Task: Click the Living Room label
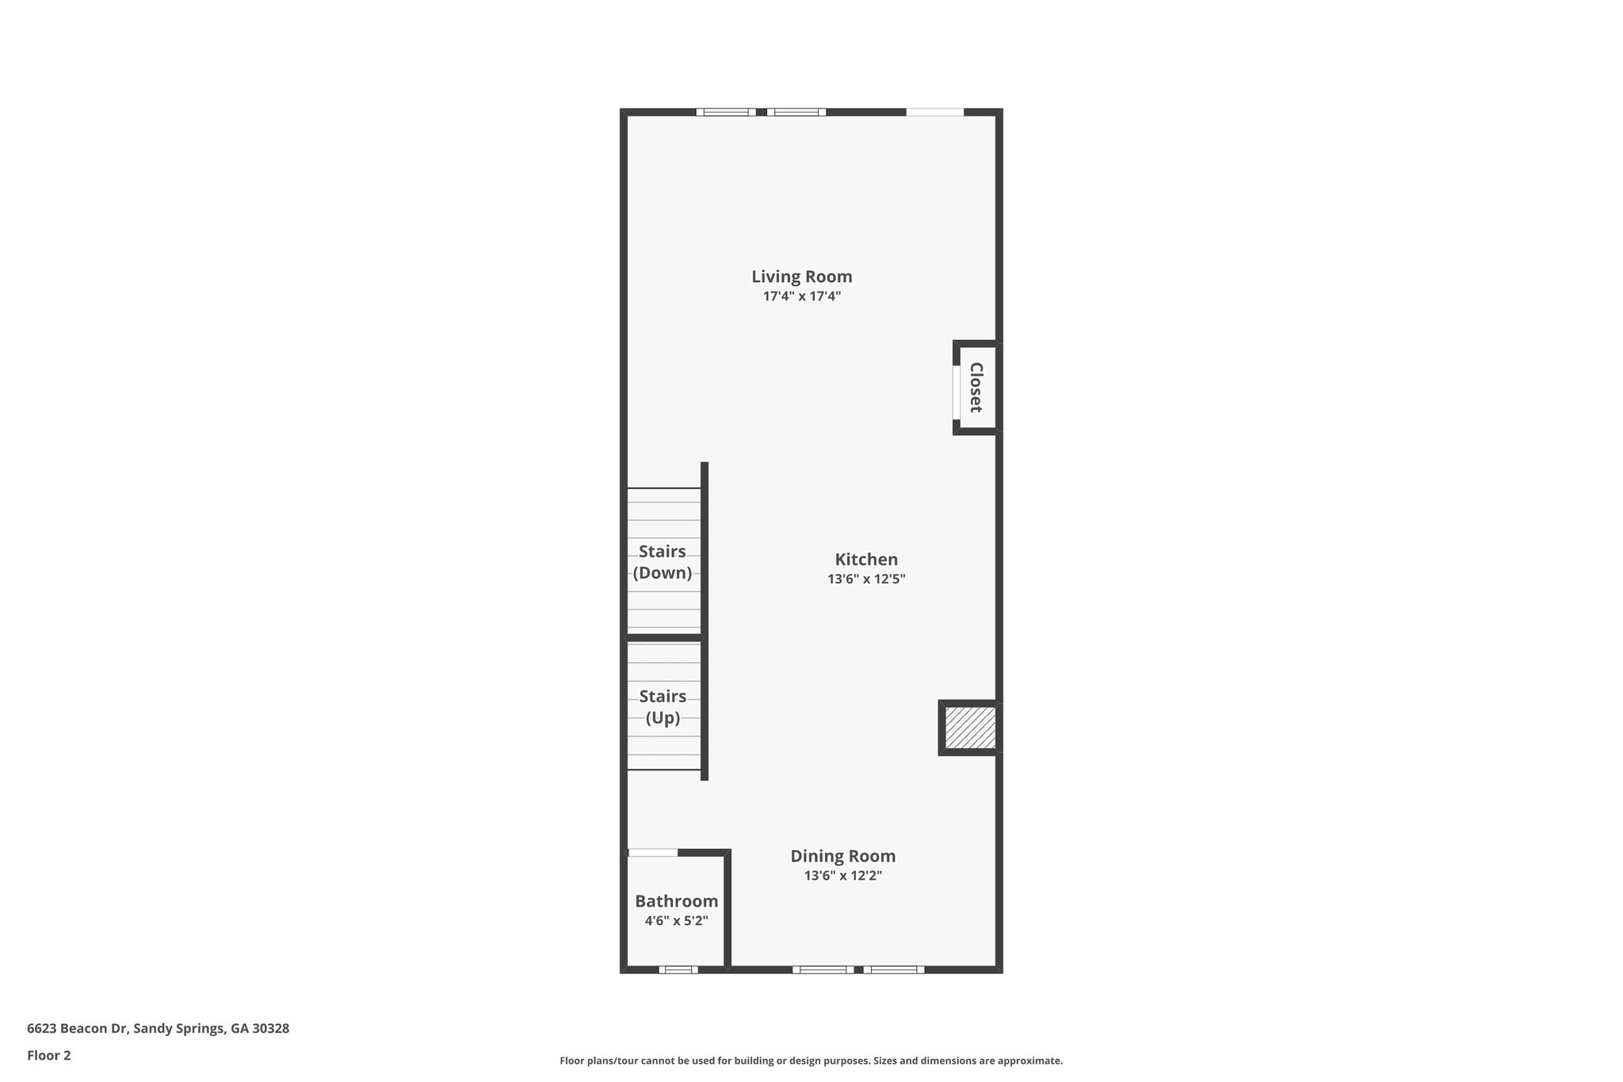pos(802,277)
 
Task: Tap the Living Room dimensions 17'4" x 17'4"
pos(802,296)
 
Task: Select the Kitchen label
pos(866,559)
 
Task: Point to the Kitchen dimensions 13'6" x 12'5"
pos(866,579)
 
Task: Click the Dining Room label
pos(843,856)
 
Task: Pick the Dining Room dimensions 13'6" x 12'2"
pos(843,876)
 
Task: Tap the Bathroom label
pos(676,901)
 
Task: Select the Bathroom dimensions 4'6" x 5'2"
pos(676,921)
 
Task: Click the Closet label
pos(976,388)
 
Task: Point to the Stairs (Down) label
pos(663,561)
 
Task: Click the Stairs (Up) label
pos(663,707)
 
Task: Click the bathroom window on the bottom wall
pos(678,969)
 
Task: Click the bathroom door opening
pos(653,853)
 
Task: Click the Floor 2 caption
pos(49,1055)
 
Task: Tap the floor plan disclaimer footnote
pos(811,1061)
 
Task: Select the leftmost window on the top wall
pos(726,113)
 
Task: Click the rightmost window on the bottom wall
pos(894,969)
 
